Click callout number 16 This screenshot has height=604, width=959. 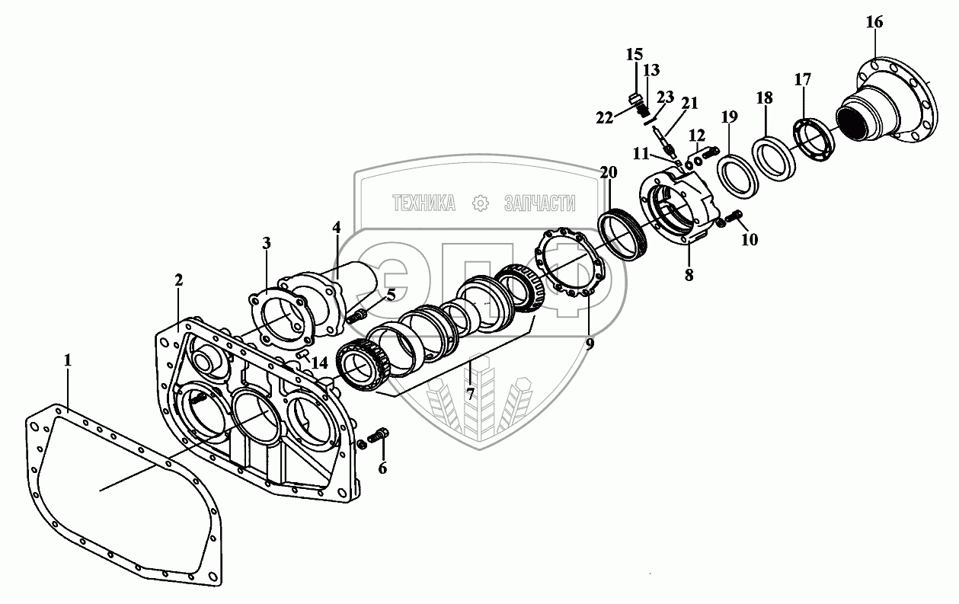click(874, 22)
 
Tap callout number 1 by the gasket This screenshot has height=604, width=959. click(67, 360)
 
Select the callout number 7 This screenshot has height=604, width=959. click(470, 394)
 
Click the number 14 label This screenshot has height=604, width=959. click(319, 363)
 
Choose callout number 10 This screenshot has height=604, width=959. click(750, 239)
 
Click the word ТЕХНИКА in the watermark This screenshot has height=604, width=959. click(424, 203)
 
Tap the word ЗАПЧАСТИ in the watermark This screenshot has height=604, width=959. click(539, 203)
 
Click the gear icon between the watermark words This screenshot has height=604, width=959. click(480, 203)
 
